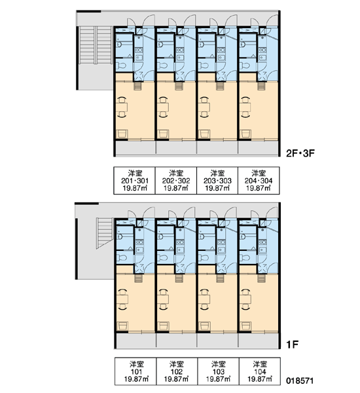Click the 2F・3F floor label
[300, 153]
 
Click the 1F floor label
[292, 345]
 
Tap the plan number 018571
[300, 381]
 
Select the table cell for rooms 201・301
[135, 181]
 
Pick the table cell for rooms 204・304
[259, 181]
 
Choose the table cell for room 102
[177, 371]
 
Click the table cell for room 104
[260, 371]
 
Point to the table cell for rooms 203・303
[217, 181]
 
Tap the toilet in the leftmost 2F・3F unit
[122, 65]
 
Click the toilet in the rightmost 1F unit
[245, 257]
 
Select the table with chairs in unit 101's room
[122, 299]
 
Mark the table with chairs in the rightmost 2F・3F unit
[245, 107]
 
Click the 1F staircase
[105, 233]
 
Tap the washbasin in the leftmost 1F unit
[120, 236]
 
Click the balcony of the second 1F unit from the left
[177, 341]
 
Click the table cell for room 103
[218, 371]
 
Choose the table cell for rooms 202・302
[176, 181]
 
